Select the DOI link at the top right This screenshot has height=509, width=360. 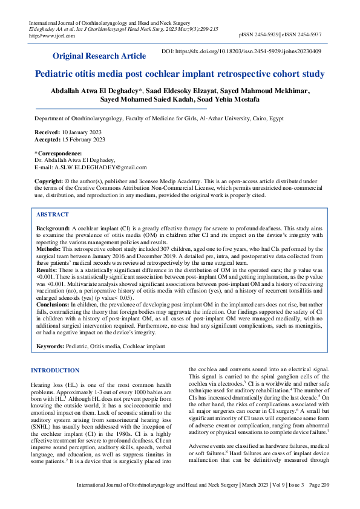click(x=243, y=51)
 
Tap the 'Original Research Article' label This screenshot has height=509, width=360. click(x=100, y=56)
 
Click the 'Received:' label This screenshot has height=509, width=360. click(x=47, y=131)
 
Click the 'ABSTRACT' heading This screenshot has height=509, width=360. click(x=53, y=215)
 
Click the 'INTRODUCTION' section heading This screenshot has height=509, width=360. click(x=54, y=371)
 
